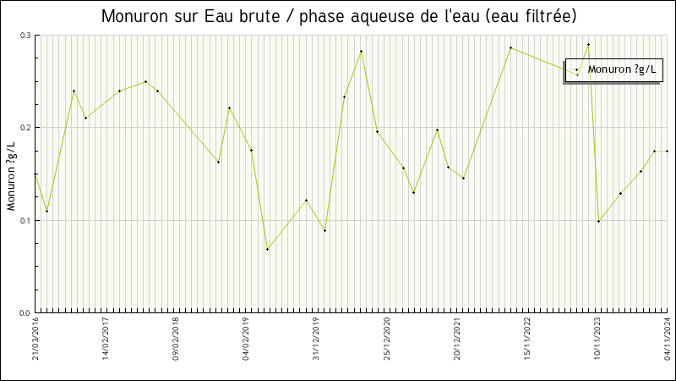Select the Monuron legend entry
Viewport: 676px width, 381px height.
pyautogui.click(x=623, y=69)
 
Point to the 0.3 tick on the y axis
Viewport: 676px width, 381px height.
pyautogui.click(x=25, y=36)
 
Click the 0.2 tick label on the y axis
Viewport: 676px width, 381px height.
pyautogui.click(x=25, y=128)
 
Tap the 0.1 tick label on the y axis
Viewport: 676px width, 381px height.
pyautogui.click(x=25, y=220)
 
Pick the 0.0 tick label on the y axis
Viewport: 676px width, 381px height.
pyautogui.click(x=25, y=312)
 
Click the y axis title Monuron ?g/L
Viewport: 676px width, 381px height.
pyautogui.click(x=11, y=176)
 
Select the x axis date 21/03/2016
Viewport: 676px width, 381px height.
pyautogui.click(x=35, y=339)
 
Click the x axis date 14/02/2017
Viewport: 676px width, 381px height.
pyautogui.click(x=106, y=339)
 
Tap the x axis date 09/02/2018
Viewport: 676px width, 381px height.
pyautogui.click(x=176, y=339)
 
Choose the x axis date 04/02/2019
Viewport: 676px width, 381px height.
pyautogui.click(x=246, y=339)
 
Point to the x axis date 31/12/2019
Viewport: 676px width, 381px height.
pyautogui.click(x=316, y=339)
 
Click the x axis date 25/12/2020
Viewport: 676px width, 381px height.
pyautogui.click(x=386, y=339)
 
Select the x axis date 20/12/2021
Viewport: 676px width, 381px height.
pyautogui.click(x=456, y=339)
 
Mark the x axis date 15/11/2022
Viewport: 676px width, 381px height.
pyautogui.click(x=526, y=339)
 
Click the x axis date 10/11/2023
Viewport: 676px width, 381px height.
pyautogui.click(x=597, y=339)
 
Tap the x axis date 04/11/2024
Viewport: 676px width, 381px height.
pyautogui.click(x=667, y=339)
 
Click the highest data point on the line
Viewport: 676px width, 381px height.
pyautogui.click(x=588, y=44)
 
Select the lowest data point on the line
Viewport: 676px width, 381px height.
pyautogui.click(x=267, y=249)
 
